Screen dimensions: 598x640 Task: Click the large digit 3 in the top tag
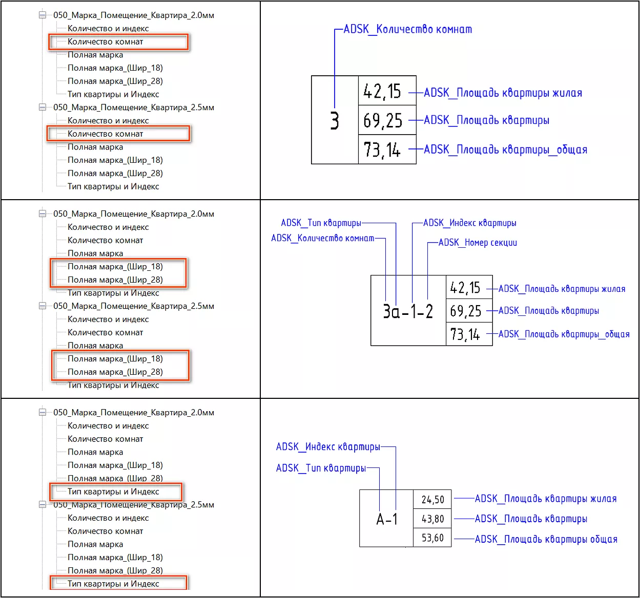click(335, 121)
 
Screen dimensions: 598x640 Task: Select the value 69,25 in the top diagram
click(383, 121)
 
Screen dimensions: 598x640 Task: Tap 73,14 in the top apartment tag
click(382, 150)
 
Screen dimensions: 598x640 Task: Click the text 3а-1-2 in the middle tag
click(408, 311)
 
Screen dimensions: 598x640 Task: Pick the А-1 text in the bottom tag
click(387, 519)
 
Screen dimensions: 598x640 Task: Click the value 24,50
click(432, 500)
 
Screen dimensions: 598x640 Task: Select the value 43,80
click(432, 519)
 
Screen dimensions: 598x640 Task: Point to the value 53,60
click(432, 538)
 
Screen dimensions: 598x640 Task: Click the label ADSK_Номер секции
click(478, 243)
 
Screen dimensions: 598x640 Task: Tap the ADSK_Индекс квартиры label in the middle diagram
click(469, 223)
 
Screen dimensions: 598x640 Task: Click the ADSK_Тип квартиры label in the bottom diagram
click(321, 468)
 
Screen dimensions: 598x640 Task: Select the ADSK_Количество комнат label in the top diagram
click(407, 29)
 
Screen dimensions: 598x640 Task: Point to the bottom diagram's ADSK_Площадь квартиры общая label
click(546, 539)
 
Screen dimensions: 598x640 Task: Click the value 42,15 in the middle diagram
click(465, 288)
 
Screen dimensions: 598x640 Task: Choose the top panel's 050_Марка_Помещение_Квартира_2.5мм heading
click(134, 108)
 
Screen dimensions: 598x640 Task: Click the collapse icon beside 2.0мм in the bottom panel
click(43, 413)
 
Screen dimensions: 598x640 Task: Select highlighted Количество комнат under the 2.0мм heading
click(106, 41)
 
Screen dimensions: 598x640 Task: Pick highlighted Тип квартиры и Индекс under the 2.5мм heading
click(113, 584)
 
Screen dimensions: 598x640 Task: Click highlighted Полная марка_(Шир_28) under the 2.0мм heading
click(115, 280)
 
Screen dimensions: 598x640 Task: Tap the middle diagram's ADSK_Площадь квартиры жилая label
click(562, 289)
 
